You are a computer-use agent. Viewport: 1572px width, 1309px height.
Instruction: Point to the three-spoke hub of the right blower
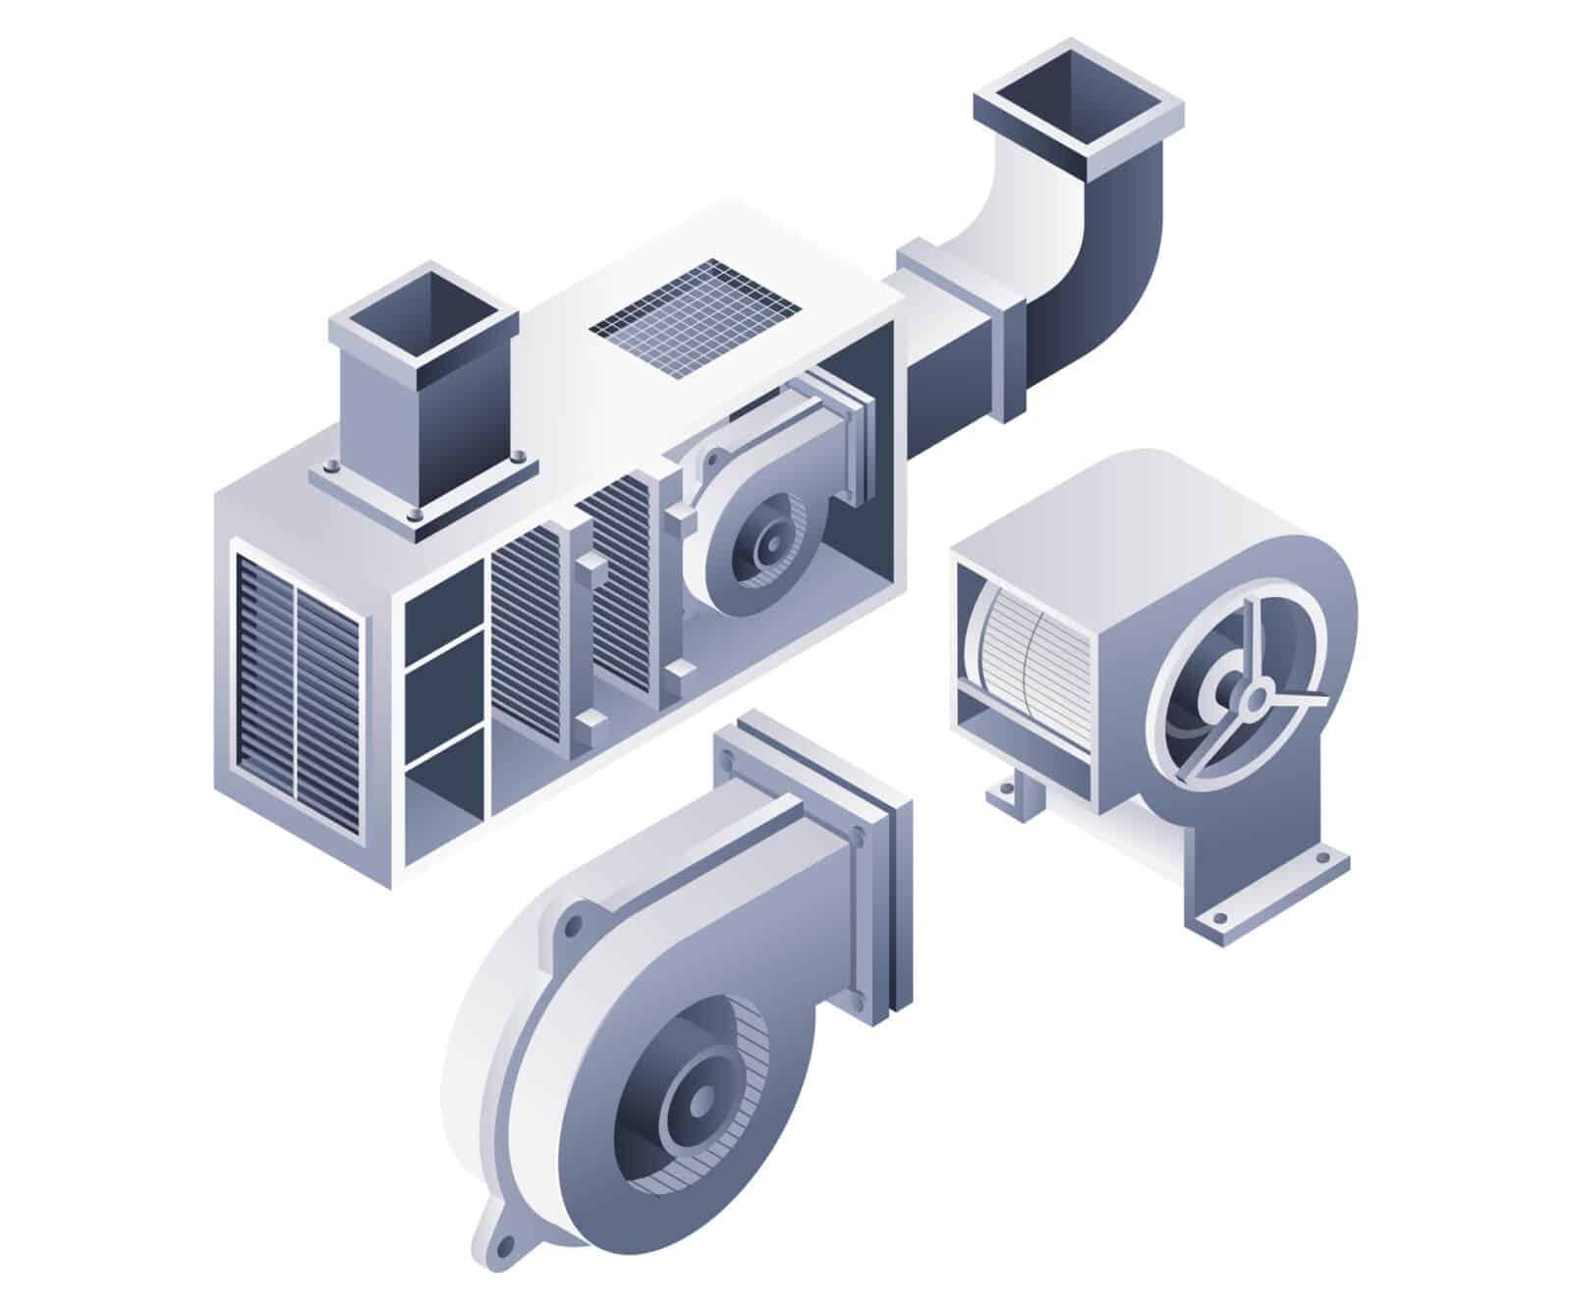(1253, 700)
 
